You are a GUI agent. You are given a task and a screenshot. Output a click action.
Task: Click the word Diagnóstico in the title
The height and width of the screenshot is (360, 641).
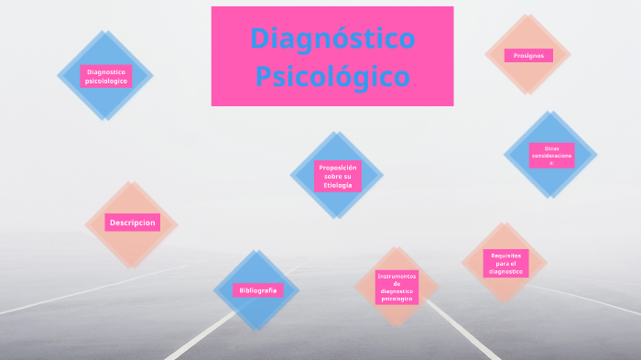pos(332,38)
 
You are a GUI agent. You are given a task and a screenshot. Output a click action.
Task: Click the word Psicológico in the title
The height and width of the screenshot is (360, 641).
pos(332,75)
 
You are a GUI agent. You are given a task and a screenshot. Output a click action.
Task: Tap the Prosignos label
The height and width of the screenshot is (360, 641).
pos(528,56)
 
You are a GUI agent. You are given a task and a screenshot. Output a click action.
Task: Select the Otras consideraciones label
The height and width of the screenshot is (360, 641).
pos(551,154)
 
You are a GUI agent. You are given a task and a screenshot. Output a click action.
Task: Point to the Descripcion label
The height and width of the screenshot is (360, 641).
pos(133,223)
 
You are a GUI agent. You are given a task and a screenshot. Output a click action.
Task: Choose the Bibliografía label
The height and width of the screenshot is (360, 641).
pos(257,290)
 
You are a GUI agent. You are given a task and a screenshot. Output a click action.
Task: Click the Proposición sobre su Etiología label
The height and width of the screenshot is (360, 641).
pos(337,176)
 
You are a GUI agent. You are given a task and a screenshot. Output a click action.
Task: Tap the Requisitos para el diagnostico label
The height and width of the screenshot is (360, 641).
pos(505,264)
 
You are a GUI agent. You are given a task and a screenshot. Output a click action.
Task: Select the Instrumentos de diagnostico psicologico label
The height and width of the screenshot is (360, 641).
pos(397,287)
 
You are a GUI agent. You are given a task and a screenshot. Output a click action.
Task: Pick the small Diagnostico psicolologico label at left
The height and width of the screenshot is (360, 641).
pos(105,76)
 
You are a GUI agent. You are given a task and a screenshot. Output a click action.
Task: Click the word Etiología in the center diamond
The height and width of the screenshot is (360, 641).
pos(337,186)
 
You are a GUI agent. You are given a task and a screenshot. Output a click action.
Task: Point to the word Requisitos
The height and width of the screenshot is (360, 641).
pos(505,255)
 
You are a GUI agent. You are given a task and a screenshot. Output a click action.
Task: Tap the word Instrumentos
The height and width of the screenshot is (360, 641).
pos(397,275)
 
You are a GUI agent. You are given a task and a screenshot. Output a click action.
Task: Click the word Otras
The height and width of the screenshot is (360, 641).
pos(551,147)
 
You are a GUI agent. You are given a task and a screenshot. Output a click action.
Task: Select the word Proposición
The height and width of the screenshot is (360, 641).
pos(337,167)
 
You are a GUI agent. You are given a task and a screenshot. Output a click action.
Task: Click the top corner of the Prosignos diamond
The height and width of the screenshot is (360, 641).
pos(527,14)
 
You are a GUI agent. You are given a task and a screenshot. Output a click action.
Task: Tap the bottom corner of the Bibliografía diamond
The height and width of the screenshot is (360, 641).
pos(257,331)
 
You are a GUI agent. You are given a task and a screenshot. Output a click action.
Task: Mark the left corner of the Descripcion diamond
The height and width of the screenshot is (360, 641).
pos(84,224)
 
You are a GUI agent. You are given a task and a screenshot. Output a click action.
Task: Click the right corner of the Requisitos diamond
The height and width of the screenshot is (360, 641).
pos(548,264)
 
